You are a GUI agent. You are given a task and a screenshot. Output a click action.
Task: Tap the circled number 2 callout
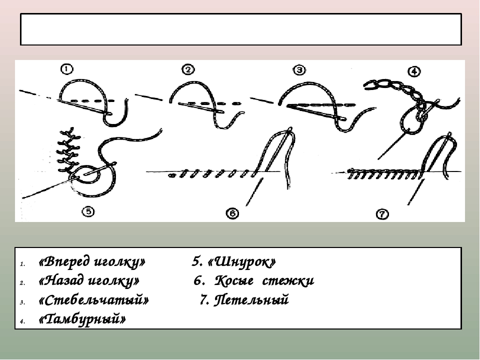point(188,69)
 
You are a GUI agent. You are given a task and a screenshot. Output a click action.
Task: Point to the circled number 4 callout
point(413,71)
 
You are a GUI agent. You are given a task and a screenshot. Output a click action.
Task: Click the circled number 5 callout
point(87,212)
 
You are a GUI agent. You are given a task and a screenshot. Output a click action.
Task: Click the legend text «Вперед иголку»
point(92,262)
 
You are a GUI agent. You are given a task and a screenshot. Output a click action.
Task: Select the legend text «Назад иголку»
point(88,281)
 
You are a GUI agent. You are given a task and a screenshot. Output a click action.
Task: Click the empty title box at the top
point(240,29)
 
